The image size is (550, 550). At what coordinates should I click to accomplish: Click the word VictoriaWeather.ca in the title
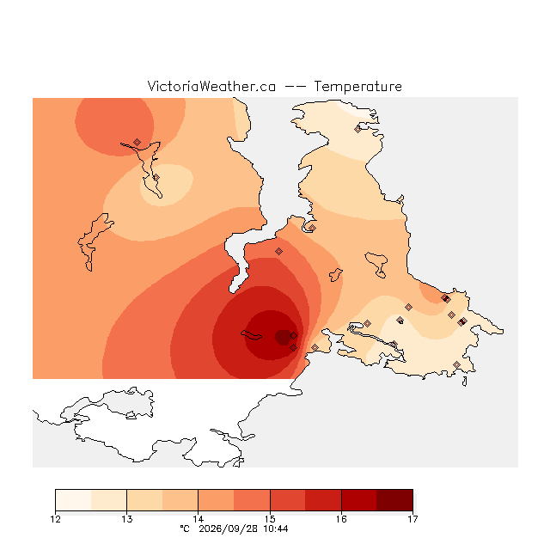pos(211,86)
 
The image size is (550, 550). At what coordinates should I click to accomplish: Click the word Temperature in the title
pos(357,86)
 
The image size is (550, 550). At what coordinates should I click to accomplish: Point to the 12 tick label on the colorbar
pos(55,519)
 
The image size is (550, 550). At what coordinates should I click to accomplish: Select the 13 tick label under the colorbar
pos(127,519)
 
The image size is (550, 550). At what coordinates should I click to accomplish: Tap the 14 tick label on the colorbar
pos(199,519)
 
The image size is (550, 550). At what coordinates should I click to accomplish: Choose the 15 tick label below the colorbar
pos(270,519)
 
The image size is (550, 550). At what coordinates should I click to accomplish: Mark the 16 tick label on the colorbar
pos(341,519)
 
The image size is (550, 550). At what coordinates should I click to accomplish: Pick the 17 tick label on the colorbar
pos(412,519)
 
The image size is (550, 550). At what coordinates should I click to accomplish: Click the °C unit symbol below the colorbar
pos(185,529)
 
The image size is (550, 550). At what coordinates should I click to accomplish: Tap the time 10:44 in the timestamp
pos(276,529)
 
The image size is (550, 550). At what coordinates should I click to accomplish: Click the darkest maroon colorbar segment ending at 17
pos(394,500)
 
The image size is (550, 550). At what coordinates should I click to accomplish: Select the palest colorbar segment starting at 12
pos(73,500)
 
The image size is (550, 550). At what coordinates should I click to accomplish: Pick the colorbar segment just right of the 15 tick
pos(288,500)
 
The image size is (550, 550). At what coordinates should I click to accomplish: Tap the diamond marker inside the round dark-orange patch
pos(137,142)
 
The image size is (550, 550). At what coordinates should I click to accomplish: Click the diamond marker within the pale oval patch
pos(156,178)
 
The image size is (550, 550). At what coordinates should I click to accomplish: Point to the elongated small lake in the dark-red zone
pos(251,335)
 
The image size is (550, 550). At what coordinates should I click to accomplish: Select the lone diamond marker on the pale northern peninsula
pos(357,129)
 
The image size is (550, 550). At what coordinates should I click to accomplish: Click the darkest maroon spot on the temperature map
pos(283,338)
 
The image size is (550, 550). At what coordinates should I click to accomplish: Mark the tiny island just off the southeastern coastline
pos(465,382)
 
